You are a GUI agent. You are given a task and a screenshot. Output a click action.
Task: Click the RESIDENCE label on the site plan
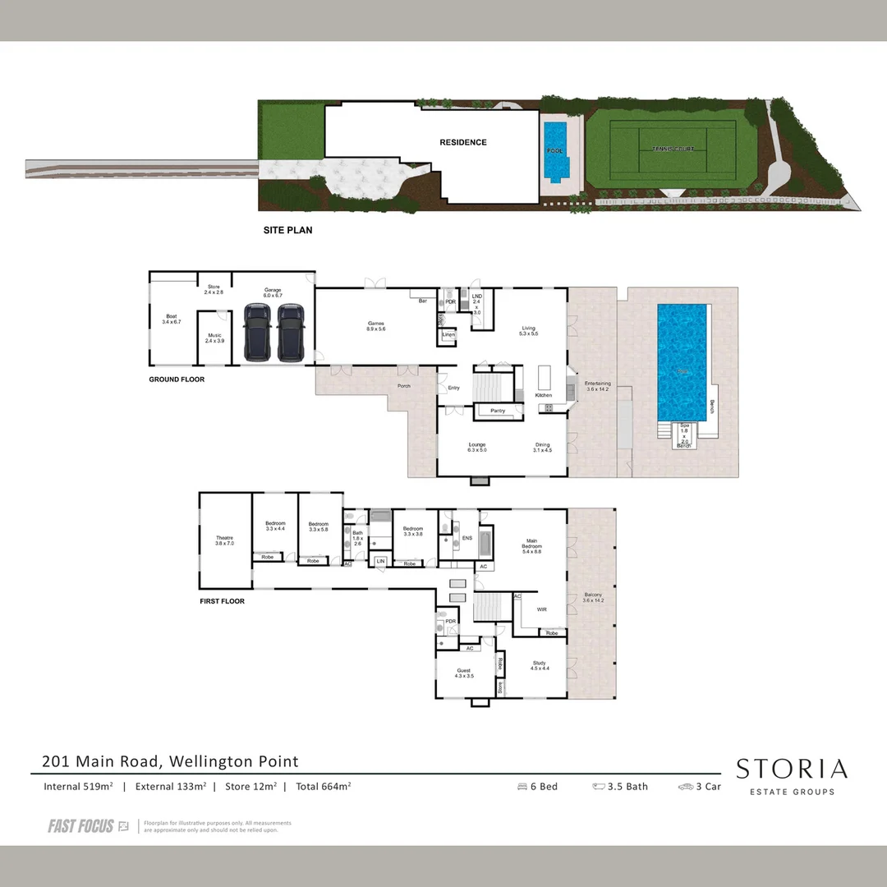[462, 142]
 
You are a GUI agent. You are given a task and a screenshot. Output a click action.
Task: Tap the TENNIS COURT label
[673, 149]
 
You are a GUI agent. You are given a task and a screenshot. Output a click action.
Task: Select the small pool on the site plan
[556, 150]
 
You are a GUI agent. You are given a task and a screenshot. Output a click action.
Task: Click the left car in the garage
[258, 332]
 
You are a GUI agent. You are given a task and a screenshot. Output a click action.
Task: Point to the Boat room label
[172, 319]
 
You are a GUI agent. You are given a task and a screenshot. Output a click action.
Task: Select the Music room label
[214, 337]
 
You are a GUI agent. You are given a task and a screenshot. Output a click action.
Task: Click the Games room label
[376, 325]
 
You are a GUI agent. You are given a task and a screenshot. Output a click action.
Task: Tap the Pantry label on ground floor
[497, 410]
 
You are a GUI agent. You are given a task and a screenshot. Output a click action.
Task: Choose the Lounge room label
[477, 447]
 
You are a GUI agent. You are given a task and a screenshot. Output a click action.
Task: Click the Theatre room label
[224, 540]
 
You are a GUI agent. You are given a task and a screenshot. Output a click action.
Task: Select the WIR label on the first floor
[541, 609]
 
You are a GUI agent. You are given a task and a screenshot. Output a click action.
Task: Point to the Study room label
[539, 665]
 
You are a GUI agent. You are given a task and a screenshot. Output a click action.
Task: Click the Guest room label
[464, 672]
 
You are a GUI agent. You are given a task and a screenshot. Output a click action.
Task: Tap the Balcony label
[593, 597]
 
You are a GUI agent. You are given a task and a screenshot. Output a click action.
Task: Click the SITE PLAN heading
[287, 231]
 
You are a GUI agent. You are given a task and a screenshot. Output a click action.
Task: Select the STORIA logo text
[791, 770]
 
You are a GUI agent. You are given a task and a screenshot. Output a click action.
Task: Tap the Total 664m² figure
[323, 787]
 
